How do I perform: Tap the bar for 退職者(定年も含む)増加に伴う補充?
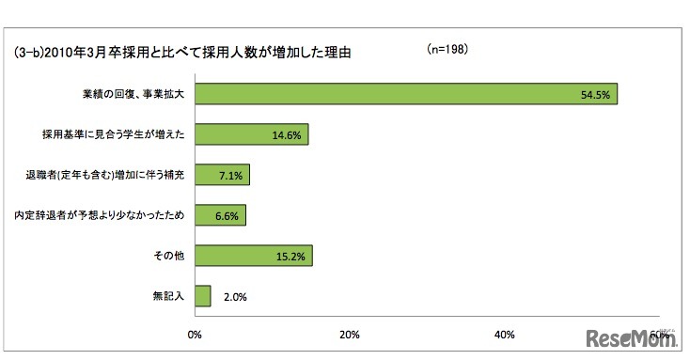coord(222,175)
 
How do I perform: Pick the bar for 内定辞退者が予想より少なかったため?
coord(219,215)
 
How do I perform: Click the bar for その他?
coord(253,256)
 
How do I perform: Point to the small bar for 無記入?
coord(202,297)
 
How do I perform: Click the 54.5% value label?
coord(596,95)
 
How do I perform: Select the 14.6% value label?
coord(286,135)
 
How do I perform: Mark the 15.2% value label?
coord(290,257)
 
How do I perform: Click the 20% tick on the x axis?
coord(350,335)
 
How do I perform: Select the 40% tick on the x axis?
coord(504,335)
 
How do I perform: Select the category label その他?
coord(172,257)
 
